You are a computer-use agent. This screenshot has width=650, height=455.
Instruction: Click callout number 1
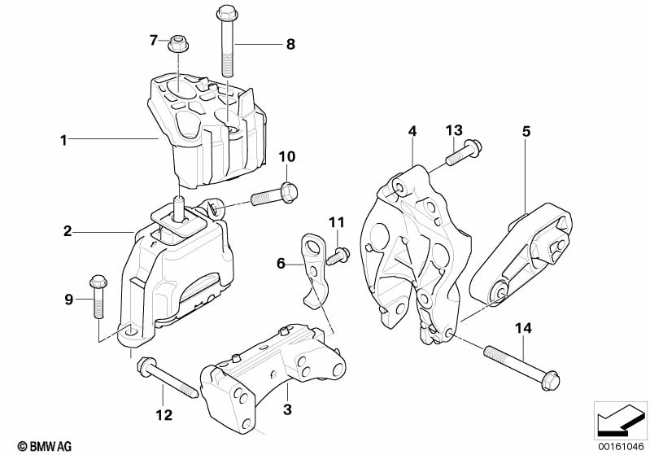pos(63,140)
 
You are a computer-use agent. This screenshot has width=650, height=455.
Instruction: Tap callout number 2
pos(68,232)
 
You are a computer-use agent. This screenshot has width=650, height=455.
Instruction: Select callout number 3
pos(287,412)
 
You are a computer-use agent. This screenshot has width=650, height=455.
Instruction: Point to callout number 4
pos(412,131)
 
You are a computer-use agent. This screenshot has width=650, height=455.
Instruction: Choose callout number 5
pos(526,130)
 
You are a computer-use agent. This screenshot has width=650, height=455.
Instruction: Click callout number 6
pos(281,263)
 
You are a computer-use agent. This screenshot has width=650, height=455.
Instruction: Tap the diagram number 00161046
pos(618,445)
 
